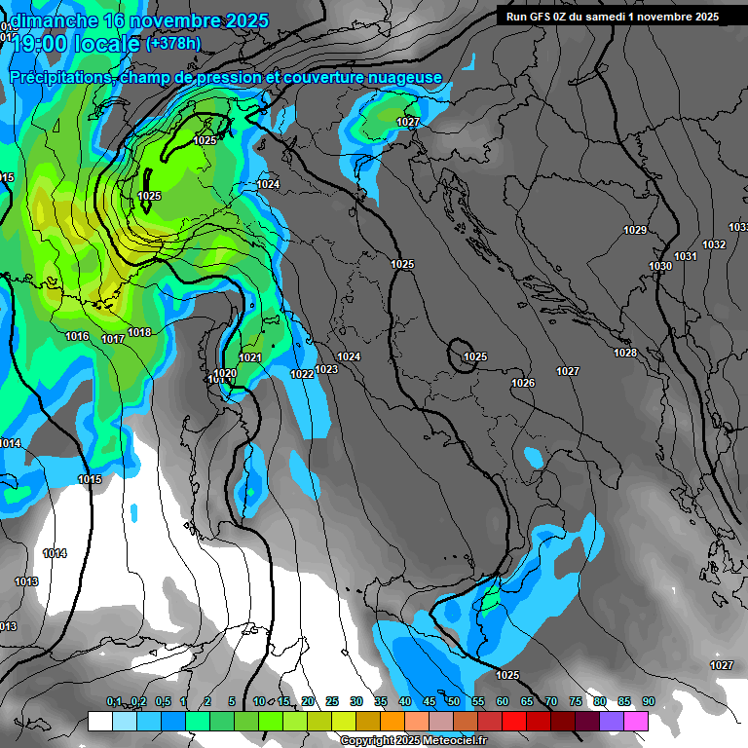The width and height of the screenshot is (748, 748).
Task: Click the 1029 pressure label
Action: pos(635,231)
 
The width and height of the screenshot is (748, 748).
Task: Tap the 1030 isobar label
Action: pos(660,267)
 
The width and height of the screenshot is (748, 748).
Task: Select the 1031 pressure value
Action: pos(686,256)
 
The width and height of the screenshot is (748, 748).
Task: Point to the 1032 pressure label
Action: pos(714,244)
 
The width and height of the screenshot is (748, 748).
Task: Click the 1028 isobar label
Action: pos(625,353)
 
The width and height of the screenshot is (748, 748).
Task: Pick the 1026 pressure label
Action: pos(523,384)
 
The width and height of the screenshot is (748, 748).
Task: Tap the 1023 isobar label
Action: pos(326,369)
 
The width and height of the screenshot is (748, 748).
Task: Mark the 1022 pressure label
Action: pos(302,374)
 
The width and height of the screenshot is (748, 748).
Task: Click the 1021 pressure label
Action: pos(250,358)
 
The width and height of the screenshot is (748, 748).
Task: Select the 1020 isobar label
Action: pos(225,373)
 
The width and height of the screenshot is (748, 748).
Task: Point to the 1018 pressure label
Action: pos(139,333)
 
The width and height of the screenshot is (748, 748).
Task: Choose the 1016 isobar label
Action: pos(78,337)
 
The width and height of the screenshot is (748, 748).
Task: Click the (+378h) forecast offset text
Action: pos(173,43)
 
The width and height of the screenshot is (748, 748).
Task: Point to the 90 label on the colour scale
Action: pos(648,702)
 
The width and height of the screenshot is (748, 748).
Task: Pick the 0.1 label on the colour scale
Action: pos(114,702)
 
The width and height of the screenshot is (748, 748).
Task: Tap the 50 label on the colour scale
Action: pos(453,702)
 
